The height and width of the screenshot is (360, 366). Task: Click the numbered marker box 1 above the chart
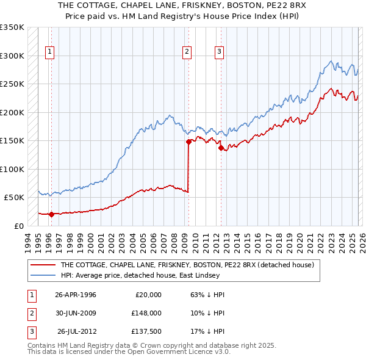[x=49, y=52]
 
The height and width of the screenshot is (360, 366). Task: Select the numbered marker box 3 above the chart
[x=218, y=52]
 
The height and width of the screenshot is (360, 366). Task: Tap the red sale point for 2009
[x=188, y=142]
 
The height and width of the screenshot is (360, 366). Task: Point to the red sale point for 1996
[x=51, y=214]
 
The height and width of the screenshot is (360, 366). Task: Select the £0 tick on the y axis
[x=18, y=226]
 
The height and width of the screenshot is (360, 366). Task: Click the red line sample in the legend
[x=43, y=265]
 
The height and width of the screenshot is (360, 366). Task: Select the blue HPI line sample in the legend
[x=43, y=275]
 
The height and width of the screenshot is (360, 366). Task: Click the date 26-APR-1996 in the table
[x=76, y=295]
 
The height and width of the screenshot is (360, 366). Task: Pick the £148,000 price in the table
[x=146, y=313]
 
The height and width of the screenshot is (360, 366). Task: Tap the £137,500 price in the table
[x=146, y=331]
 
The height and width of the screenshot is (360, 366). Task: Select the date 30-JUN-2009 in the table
[x=76, y=313]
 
